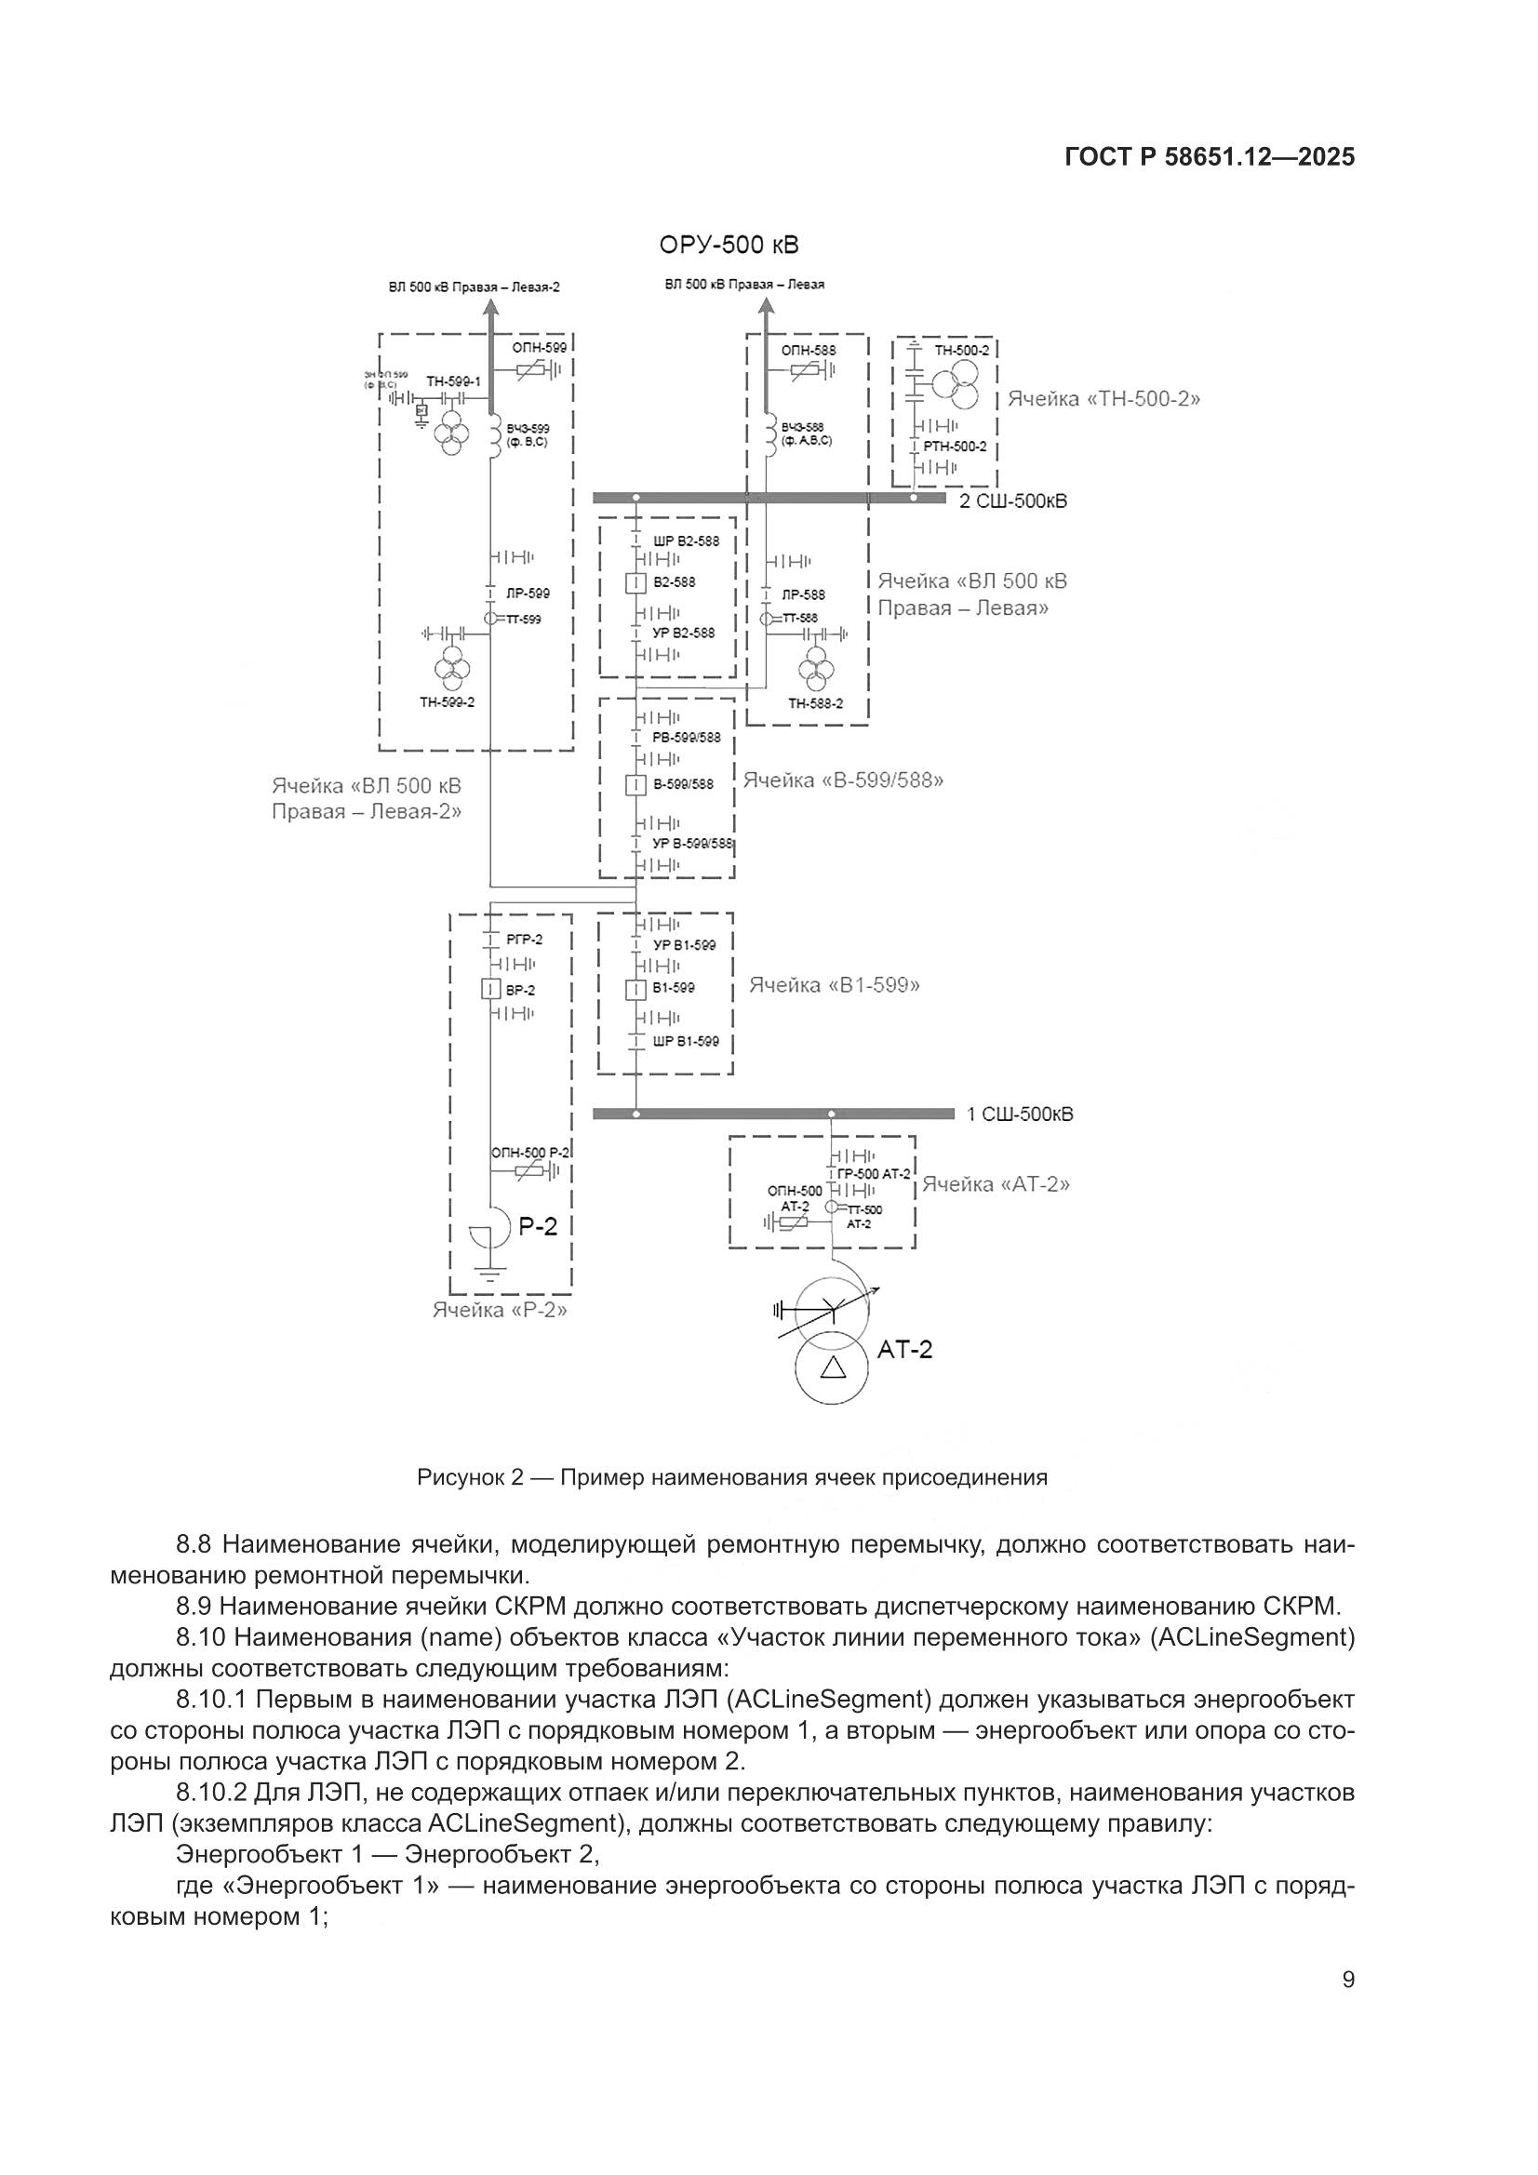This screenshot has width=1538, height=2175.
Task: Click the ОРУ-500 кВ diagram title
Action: click(x=729, y=246)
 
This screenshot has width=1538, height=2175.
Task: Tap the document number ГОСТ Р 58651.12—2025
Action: click(x=1210, y=157)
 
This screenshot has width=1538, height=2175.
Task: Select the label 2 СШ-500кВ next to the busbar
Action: click(x=1012, y=501)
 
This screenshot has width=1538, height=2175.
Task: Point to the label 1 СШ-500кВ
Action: click(x=1019, y=1115)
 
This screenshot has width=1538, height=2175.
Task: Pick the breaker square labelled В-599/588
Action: click(x=635, y=784)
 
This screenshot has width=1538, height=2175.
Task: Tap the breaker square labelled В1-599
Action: click(x=635, y=989)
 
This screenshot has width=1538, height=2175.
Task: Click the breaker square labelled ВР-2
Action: click(x=490, y=991)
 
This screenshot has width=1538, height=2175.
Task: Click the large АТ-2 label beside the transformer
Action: click(x=904, y=1350)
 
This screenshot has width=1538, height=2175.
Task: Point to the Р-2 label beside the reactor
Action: click(x=538, y=1228)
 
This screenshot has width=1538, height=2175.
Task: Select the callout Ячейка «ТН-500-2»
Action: click(x=1103, y=399)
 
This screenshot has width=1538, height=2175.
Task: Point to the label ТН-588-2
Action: click(x=814, y=704)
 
